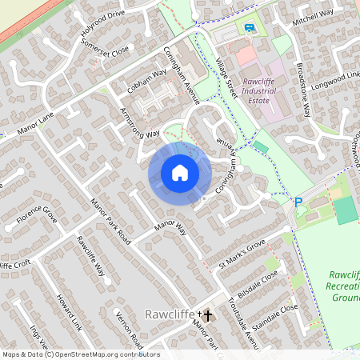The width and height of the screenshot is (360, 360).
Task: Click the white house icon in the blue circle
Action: [180, 172]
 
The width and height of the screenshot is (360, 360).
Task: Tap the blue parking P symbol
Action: [298, 202]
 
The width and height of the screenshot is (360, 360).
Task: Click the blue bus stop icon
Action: [250, 28]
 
